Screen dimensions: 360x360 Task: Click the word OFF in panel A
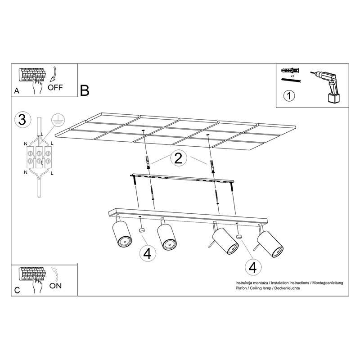tap(55, 87)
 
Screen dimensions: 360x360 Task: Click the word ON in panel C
tap(55, 286)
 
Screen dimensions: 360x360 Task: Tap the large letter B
tap(85, 90)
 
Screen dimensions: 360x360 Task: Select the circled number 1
tap(289, 95)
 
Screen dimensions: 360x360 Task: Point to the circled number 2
tap(178, 158)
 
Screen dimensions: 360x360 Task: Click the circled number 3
tap(22, 120)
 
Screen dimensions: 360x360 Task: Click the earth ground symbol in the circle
tap(58, 120)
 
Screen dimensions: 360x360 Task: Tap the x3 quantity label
tap(292, 76)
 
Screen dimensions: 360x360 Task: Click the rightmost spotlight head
tap(270, 243)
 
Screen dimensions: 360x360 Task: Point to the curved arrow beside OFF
tap(53, 74)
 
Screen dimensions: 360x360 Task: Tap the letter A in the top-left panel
tap(17, 91)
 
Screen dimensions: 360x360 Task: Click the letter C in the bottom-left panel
tap(17, 290)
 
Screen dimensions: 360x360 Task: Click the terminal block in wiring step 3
tap(39, 157)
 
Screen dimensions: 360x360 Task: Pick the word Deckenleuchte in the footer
tap(288, 288)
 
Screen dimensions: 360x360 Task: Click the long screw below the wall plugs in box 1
tap(291, 80)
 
